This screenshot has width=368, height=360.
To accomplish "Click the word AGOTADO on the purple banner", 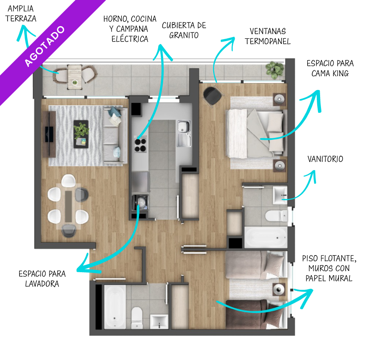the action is [x=45, y=46].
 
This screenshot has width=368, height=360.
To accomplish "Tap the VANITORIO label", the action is [x=325, y=159].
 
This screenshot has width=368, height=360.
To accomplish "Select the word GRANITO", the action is [x=184, y=35].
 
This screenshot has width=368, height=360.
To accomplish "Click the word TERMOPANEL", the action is [x=268, y=41].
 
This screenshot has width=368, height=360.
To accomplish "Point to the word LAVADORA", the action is [x=42, y=284].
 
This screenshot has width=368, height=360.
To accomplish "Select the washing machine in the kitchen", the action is [x=141, y=203].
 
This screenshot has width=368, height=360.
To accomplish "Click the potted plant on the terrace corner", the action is [x=275, y=70].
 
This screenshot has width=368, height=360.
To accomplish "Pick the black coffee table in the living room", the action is [x=81, y=134].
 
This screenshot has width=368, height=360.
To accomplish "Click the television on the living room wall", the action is [x=49, y=134].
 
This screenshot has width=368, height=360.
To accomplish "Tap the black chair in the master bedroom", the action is [x=213, y=96].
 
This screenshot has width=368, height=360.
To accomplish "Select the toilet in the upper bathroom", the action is [x=276, y=216].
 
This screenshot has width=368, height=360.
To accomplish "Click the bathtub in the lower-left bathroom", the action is [x=115, y=307].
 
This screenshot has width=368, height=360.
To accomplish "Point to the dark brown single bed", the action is [x=256, y=314].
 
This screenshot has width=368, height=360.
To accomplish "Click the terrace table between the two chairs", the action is [x=75, y=77].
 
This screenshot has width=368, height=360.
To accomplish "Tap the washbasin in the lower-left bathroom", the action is [x=159, y=322].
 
